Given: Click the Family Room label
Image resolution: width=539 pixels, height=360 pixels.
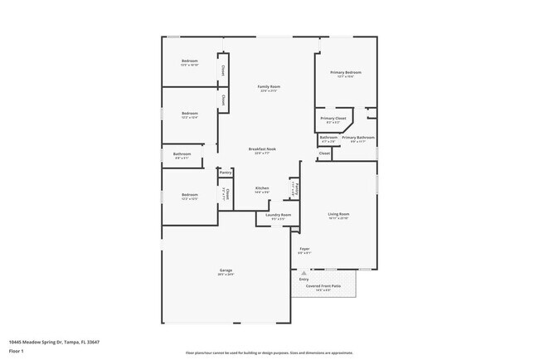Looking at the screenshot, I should click(269, 87).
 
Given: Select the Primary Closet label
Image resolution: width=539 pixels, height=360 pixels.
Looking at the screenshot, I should click(333, 119).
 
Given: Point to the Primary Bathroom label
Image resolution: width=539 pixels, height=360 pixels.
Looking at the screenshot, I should click(359, 137).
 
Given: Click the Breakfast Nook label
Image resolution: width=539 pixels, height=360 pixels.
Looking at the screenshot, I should click(262, 149).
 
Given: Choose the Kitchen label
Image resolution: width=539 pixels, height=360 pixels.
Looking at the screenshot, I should click(262, 188).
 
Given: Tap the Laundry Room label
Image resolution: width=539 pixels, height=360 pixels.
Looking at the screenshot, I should click(278, 215).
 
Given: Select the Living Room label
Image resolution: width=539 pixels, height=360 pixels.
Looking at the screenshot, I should click(338, 214).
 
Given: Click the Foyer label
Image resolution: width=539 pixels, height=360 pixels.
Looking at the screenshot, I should click(304, 249).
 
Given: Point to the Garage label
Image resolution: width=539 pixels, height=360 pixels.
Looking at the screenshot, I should click(226, 270).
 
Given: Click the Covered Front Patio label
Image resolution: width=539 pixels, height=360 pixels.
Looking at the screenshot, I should click(323, 285).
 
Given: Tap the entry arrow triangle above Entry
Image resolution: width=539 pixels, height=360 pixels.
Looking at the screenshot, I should click(303, 272).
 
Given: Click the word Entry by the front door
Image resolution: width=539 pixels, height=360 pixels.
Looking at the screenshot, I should click(303, 280).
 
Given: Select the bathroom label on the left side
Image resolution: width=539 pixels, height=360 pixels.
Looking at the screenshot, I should click(182, 153).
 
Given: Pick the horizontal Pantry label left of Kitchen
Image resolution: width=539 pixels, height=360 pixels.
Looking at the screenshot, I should click(226, 173).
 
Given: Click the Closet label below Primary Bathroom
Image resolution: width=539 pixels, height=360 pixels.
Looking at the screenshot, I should click(324, 153).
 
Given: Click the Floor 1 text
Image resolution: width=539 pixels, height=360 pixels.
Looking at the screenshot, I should click(16, 351).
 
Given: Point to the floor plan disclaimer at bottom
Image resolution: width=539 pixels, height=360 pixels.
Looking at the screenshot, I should click(269, 353).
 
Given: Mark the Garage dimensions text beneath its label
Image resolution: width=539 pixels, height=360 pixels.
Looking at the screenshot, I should click(226, 275).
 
